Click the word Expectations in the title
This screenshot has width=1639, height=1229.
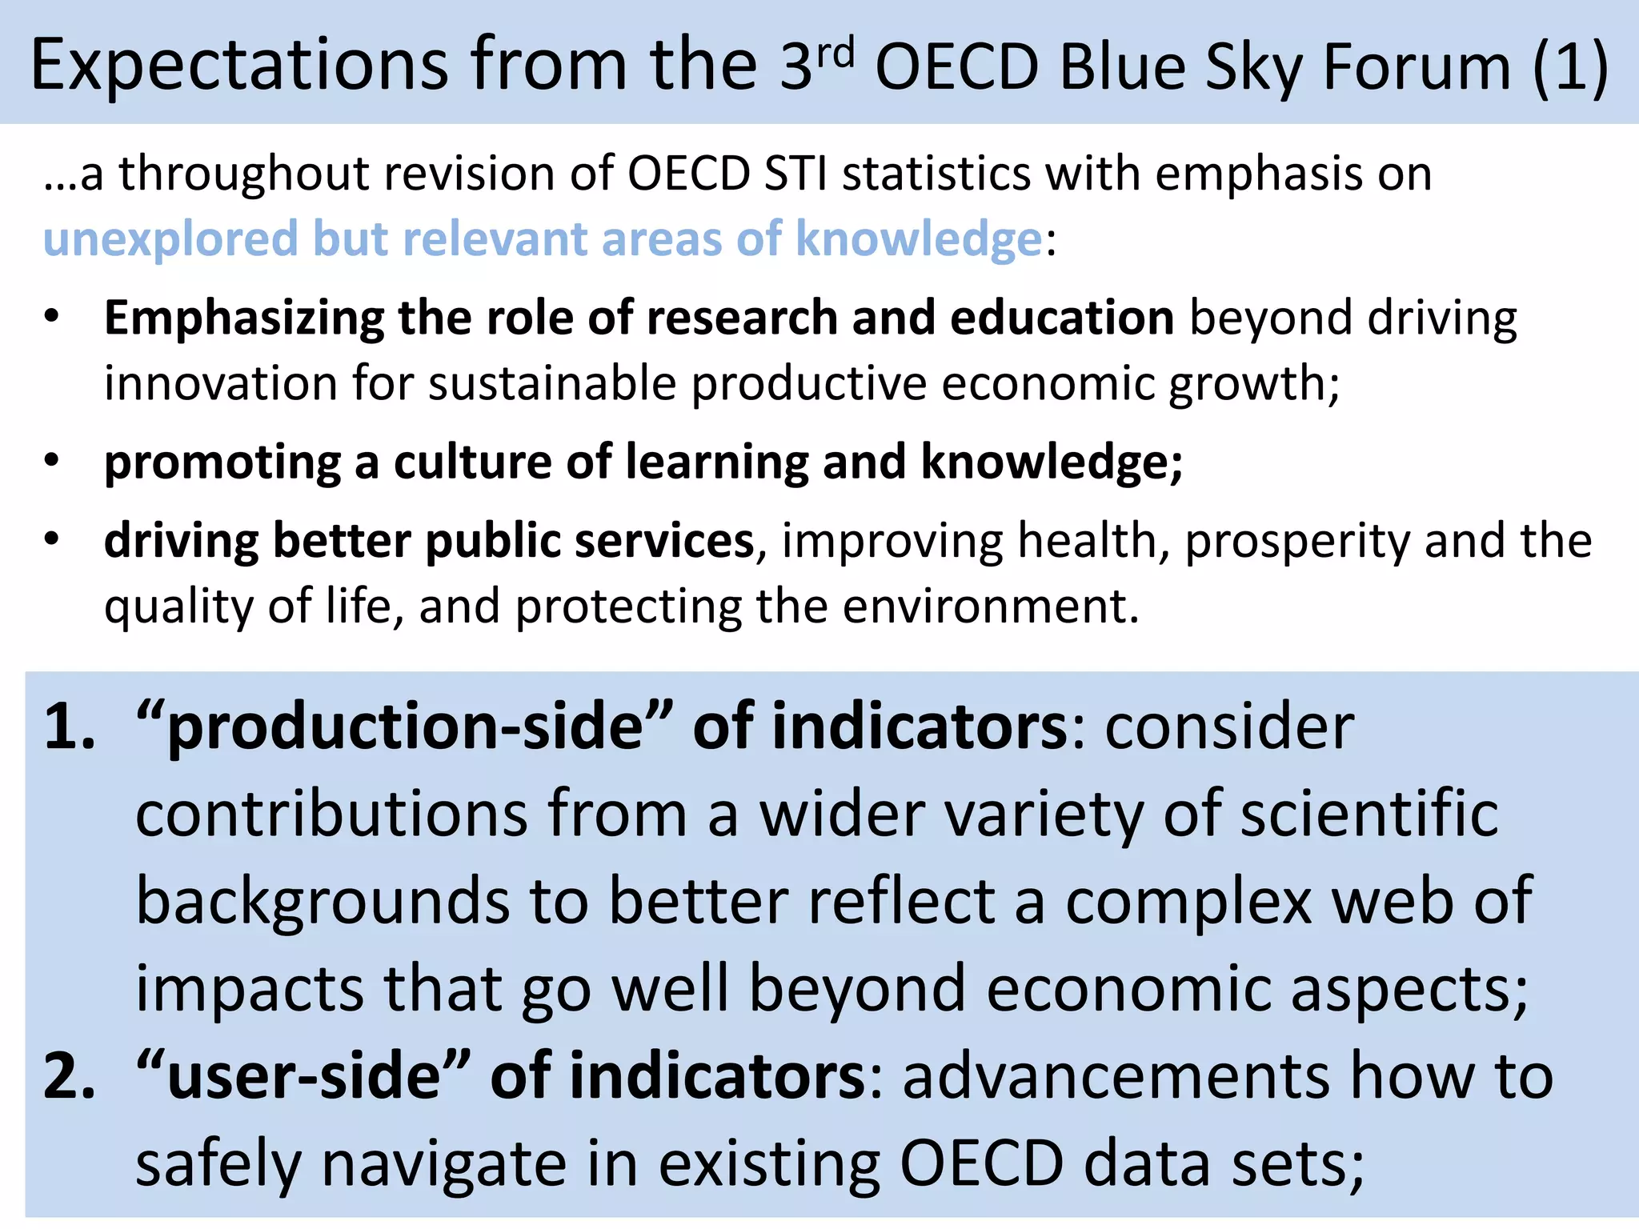point(239,66)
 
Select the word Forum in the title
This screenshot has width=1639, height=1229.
point(1417,67)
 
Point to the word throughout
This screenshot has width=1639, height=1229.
point(244,174)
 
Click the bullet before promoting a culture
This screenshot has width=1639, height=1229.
point(52,461)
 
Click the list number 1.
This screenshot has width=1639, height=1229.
point(69,727)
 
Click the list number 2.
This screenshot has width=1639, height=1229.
point(69,1076)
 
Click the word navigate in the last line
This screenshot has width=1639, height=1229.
point(443,1164)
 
